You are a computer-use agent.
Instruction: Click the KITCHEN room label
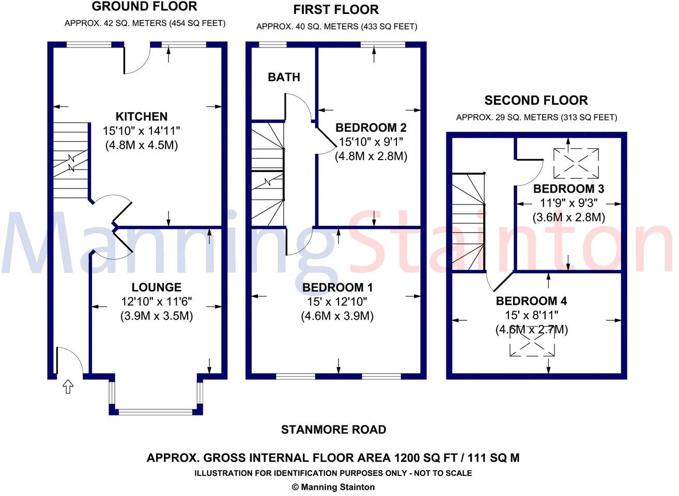click(141, 117)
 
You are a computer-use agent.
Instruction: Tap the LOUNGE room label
click(156, 288)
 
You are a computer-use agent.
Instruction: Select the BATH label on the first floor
click(284, 78)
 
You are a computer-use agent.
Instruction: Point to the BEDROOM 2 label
click(371, 128)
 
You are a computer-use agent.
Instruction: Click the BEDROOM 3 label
click(568, 189)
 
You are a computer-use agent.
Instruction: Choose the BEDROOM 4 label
click(532, 301)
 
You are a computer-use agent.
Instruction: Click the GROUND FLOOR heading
click(144, 7)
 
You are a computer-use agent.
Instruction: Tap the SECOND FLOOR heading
click(536, 100)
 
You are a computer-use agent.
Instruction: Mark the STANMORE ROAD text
click(333, 429)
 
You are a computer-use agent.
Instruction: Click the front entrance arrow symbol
click(67, 386)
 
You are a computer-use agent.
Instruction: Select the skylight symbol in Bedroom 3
click(576, 162)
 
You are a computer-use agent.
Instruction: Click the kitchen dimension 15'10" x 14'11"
click(141, 131)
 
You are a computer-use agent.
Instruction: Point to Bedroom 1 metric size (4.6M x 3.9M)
click(337, 316)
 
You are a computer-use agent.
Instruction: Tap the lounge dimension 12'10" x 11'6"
click(157, 302)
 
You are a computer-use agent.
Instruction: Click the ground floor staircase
click(71, 161)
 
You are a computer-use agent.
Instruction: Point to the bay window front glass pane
click(156, 412)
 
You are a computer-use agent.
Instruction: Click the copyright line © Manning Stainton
click(333, 487)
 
